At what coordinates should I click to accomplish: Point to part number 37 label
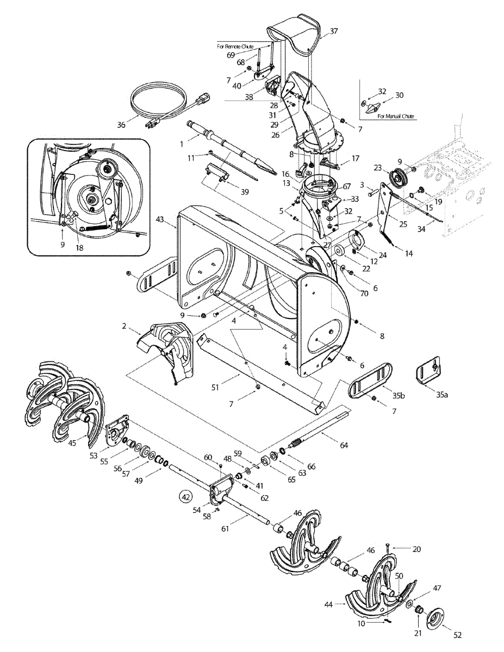coord(333,31)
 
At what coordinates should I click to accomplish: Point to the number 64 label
coord(344,445)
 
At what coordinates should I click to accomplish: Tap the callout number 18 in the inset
coord(80,248)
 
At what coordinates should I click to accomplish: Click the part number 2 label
coord(124,326)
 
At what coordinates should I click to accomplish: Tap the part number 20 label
coord(416,549)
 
